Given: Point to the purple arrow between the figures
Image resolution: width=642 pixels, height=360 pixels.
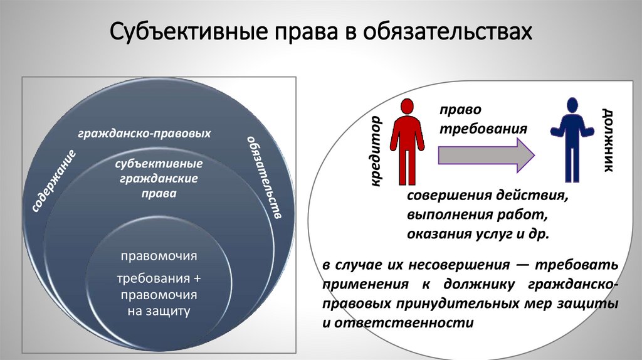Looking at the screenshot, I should [x=486, y=154].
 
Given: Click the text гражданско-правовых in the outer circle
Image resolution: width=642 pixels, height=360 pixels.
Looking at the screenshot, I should [x=144, y=134].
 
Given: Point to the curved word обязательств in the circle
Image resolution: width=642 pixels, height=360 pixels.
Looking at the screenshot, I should [x=263, y=176].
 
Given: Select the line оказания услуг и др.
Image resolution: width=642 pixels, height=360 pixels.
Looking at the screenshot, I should [x=478, y=234].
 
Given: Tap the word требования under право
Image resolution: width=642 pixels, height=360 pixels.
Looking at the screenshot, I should [x=482, y=129].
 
